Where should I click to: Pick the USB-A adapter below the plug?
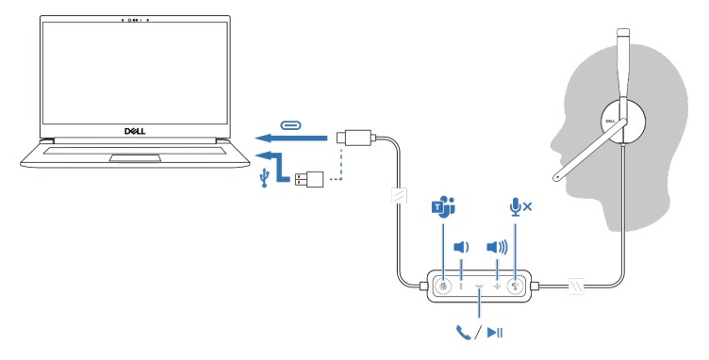(x=310, y=179)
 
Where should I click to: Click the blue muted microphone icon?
(x=519, y=205)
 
